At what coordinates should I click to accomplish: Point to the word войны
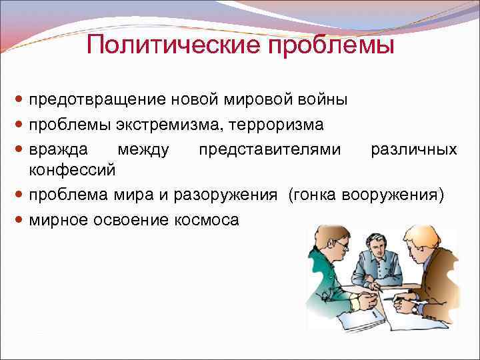point(324,99)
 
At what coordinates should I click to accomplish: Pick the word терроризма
point(276,124)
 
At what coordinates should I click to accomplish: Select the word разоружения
point(232,194)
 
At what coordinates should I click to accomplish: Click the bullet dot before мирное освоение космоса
point(19,219)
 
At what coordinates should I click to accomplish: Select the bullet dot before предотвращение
point(19,100)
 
